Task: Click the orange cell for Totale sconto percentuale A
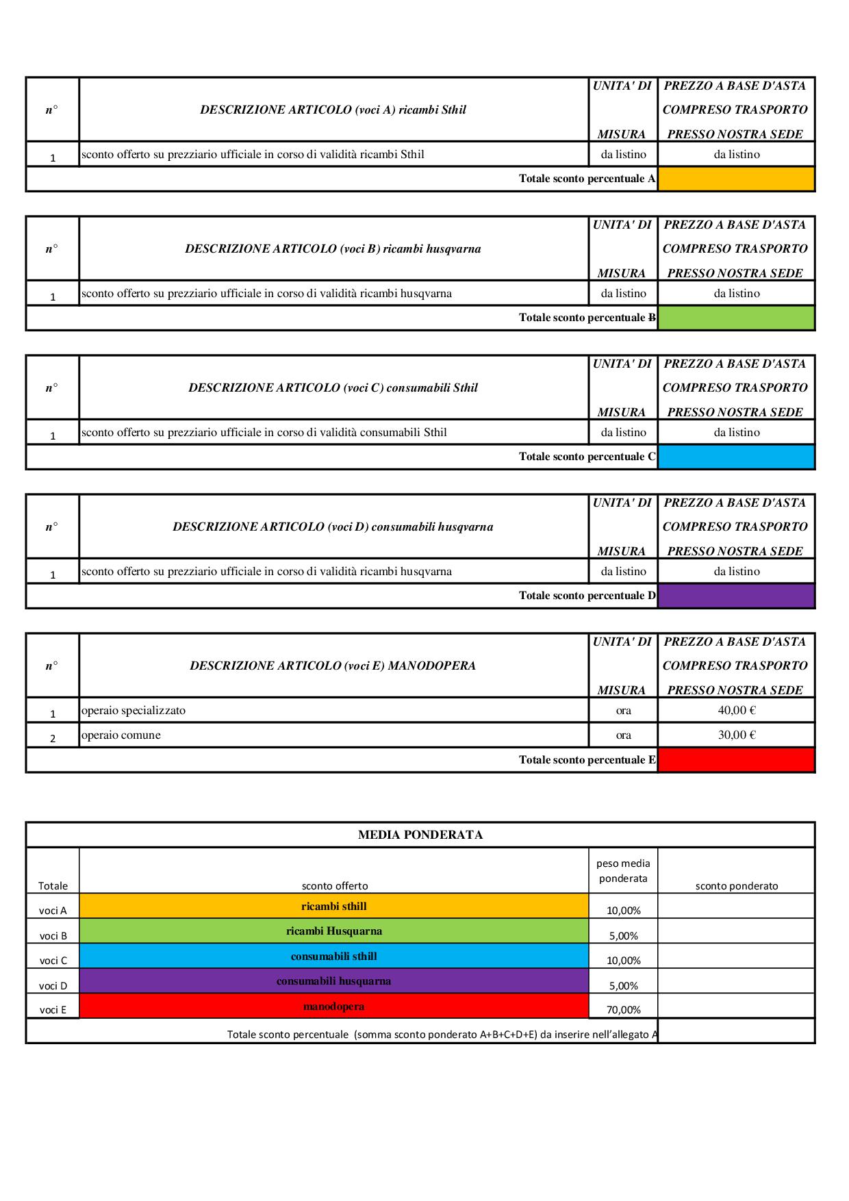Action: coord(736,179)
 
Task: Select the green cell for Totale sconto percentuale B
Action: coord(736,318)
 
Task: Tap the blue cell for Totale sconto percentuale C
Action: coord(736,457)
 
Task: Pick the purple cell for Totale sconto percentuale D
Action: coord(736,596)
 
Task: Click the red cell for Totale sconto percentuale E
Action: coord(736,759)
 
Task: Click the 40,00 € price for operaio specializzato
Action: coord(736,710)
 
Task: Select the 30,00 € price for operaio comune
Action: coord(736,735)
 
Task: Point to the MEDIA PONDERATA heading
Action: coord(420,835)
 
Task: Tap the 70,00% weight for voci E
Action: coord(623,1009)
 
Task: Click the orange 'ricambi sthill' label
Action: coord(334,907)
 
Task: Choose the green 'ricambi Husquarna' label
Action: coord(334,931)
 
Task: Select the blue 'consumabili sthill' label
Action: coord(334,957)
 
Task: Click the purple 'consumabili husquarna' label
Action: coord(334,981)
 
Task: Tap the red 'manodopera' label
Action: coord(334,1007)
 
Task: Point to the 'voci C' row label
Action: coord(53,960)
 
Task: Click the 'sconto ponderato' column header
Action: coord(736,885)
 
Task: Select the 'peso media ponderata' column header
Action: coord(623,871)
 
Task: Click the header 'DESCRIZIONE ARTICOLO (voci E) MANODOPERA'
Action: coord(333,666)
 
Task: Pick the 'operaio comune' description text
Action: coord(121,735)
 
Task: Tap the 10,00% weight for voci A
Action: coord(623,911)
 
